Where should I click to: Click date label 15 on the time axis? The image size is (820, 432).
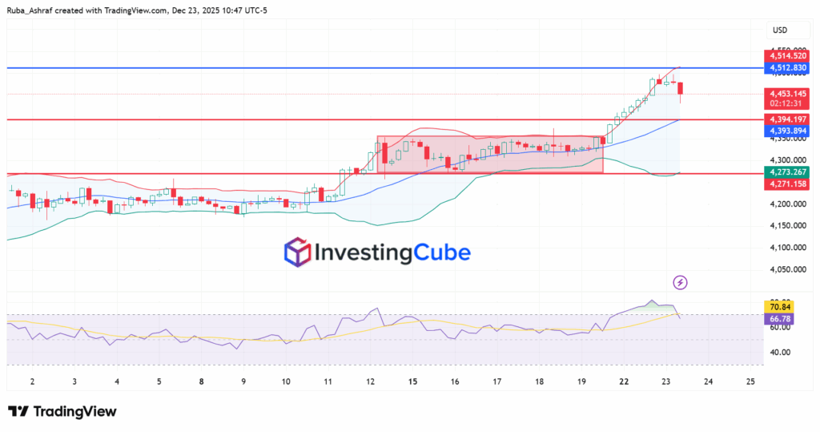point(412,382)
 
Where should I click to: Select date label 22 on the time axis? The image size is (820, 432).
point(624,382)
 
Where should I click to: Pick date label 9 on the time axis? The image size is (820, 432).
point(243,382)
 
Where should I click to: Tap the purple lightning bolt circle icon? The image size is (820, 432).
point(680,282)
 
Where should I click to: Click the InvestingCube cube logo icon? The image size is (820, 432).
point(298,252)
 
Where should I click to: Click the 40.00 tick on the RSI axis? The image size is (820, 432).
point(780,352)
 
